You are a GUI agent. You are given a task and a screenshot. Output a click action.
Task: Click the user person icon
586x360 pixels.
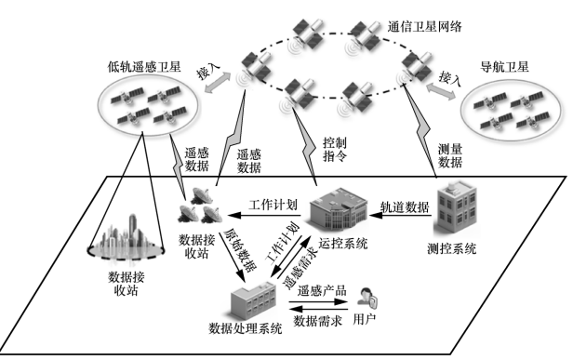(x=369, y=298)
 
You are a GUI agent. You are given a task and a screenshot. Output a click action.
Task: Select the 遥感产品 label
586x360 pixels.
(x=319, y=289)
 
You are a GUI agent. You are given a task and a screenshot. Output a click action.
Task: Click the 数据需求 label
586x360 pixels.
(x=319, y=321)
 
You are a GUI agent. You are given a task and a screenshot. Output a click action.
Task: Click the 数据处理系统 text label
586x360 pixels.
(x=246, y=328)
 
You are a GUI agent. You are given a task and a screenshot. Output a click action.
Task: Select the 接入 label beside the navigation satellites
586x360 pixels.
(x=450, y=77)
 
